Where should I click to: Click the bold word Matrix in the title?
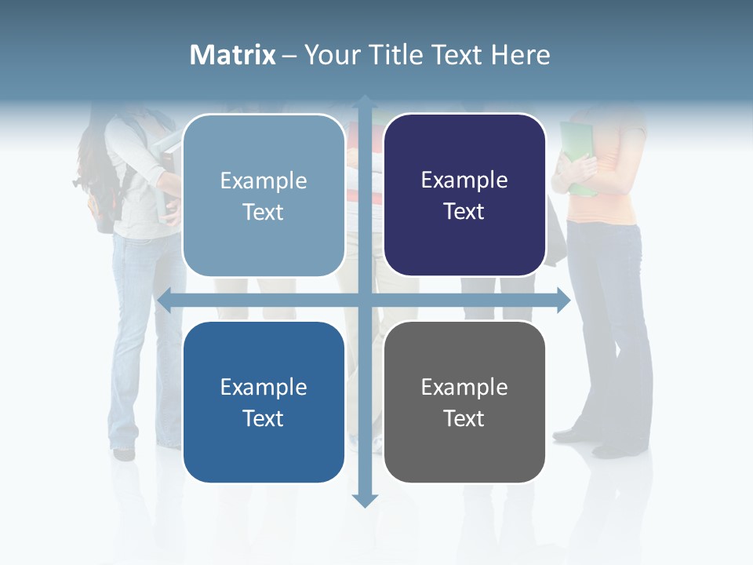233,55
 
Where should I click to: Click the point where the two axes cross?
364,300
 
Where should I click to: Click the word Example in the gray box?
464,387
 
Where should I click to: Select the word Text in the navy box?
464,212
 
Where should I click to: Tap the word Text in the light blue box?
264,213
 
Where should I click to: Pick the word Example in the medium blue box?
264,387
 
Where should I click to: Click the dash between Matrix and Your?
289,56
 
